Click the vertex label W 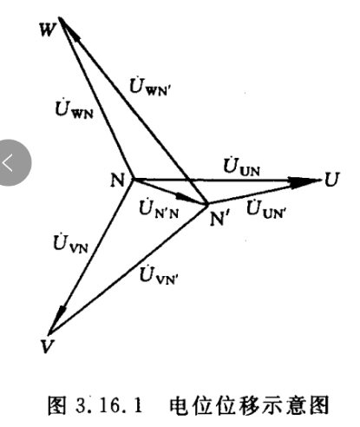[48, 30]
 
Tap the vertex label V [48, 346]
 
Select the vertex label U [331, 180]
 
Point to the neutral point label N [117, 180]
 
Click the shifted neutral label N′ [220, 219]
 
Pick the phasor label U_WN [75, 109]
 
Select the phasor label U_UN [242, 167]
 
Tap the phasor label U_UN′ [266, 208]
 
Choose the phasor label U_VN [70, 244]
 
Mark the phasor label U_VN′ [159, 275]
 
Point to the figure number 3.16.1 [109, 405]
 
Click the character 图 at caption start [57, 405]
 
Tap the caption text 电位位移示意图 [249, 405]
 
